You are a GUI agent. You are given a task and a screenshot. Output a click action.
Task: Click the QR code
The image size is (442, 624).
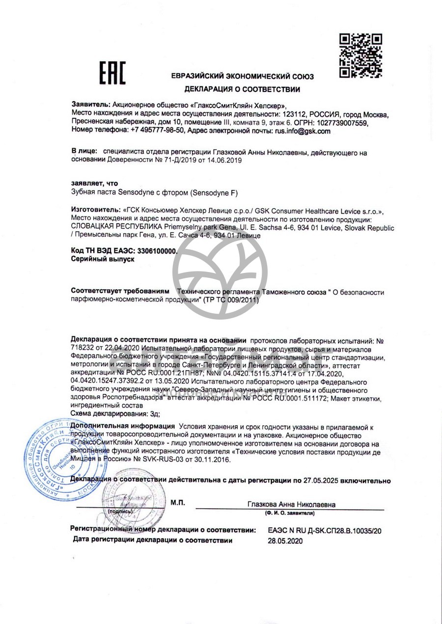click(x=361, y=55)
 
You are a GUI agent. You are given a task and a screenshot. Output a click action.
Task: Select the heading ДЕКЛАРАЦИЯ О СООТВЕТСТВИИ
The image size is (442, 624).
click(x=242, y=89)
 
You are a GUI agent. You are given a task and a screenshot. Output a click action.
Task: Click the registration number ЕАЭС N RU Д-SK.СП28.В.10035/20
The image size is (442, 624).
click(x=325, y=531)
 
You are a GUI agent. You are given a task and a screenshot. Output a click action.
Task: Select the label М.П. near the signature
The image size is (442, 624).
click(x=178, y=502)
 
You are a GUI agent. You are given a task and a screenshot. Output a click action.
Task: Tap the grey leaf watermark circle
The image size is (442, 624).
click(x=220, y=271)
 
